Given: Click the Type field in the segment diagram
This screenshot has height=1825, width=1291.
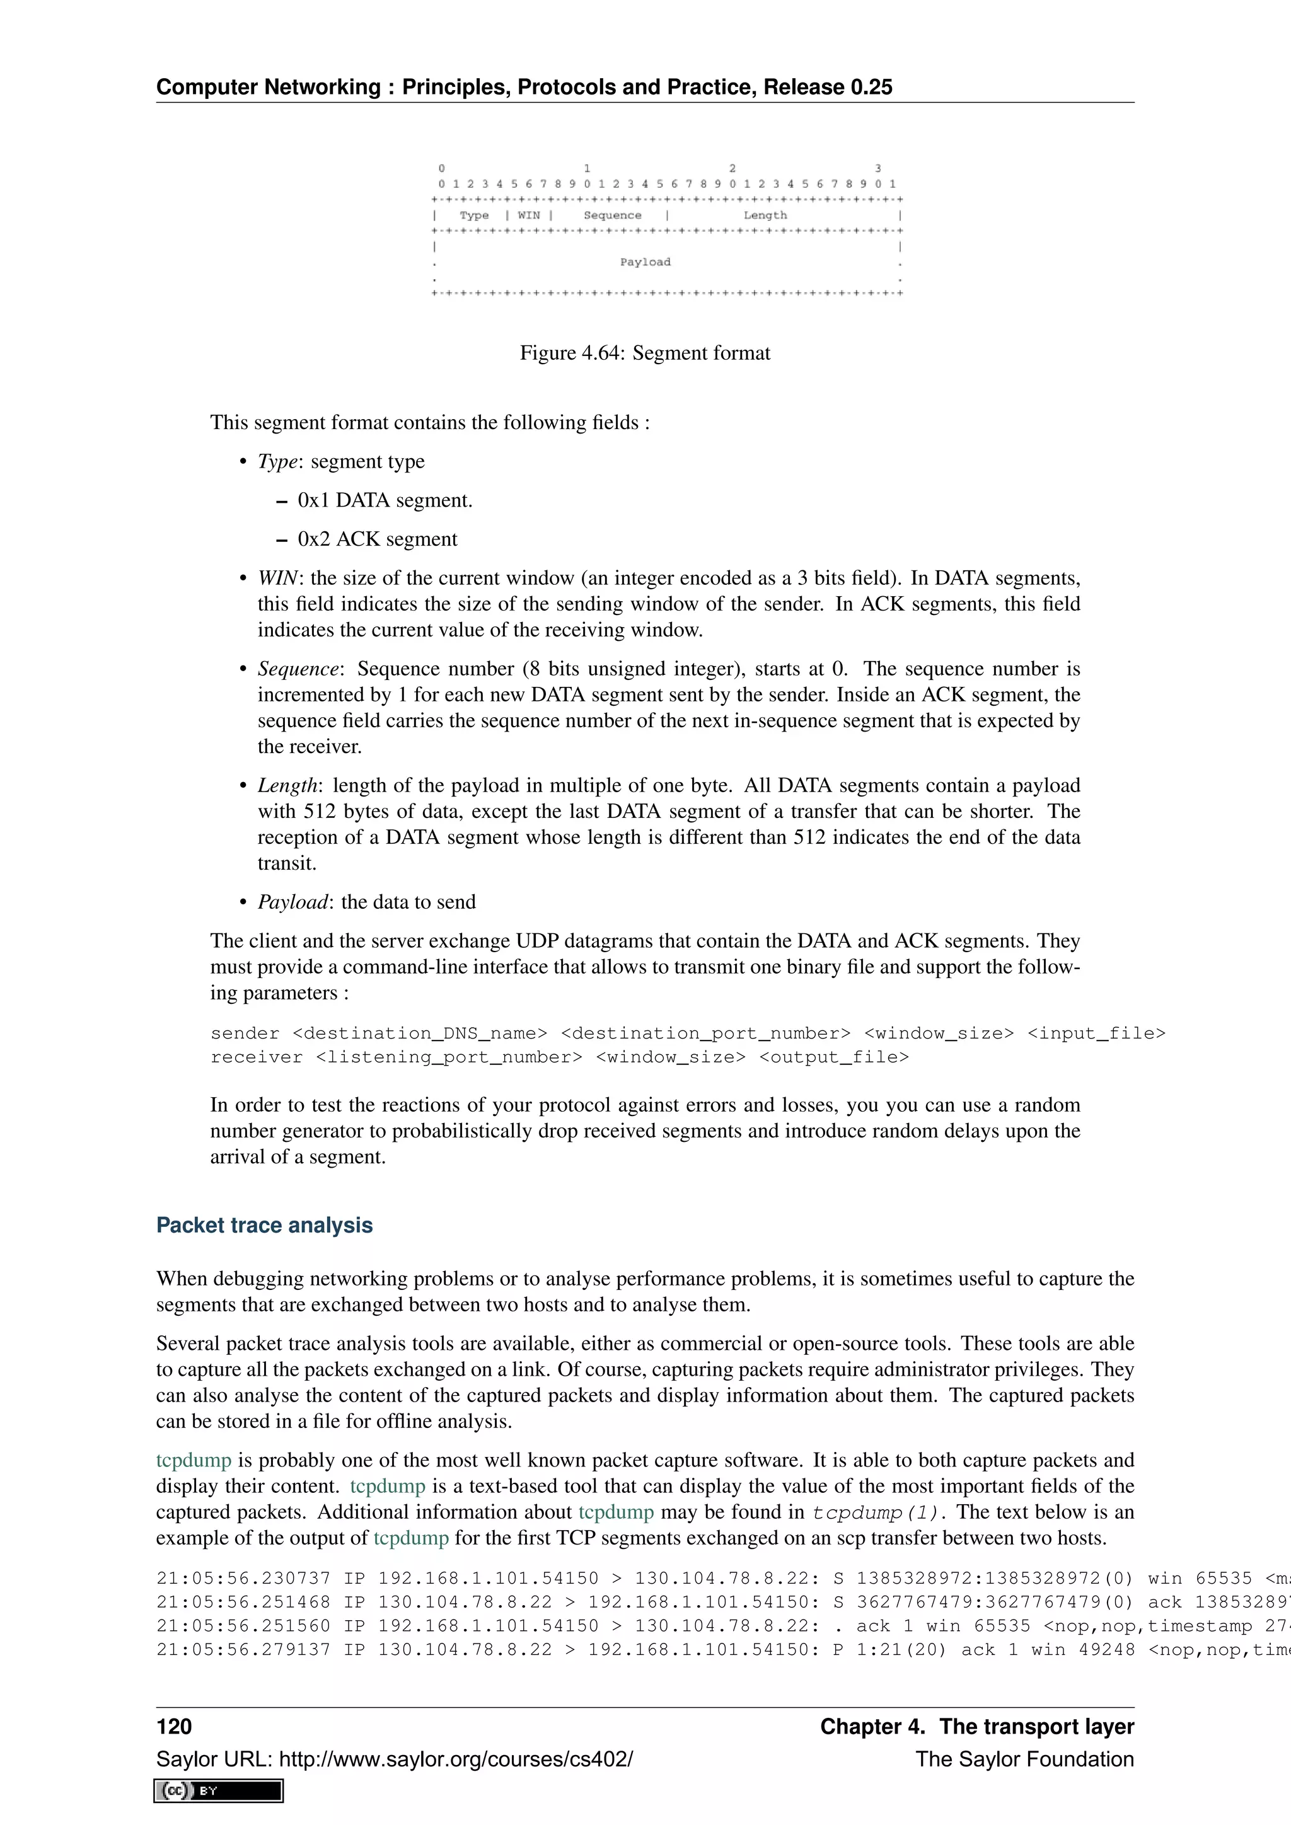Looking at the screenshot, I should click(474, 216).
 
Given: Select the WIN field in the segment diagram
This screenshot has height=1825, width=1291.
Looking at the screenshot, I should click(529, 216).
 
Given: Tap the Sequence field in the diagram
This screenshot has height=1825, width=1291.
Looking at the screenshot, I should click(612, 216).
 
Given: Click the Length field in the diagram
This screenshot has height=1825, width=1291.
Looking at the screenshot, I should click(765, 216).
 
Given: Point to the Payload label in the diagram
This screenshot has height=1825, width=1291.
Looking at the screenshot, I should click(645, 262).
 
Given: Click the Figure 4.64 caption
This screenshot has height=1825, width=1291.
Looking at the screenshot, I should click(645, 353).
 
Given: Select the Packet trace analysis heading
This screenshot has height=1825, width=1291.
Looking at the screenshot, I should click(264, 1225).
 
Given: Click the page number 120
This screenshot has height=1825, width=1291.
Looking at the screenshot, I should click(174, 1727).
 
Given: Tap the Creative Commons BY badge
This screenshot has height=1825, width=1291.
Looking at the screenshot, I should click(219, 1790).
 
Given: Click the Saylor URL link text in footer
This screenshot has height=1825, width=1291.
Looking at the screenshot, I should click(394, 1759).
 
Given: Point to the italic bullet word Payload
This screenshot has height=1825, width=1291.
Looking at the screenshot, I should click(292, 902).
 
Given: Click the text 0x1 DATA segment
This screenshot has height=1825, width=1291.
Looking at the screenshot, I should click(385, 500).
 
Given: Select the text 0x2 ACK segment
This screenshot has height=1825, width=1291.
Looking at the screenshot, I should click(378, 539).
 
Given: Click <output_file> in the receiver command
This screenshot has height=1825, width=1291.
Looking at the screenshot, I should click(834, 1057).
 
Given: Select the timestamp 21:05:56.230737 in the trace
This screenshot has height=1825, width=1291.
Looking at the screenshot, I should click(243, 1579).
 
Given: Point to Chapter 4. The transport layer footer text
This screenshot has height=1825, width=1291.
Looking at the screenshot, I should click(976, 1727).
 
